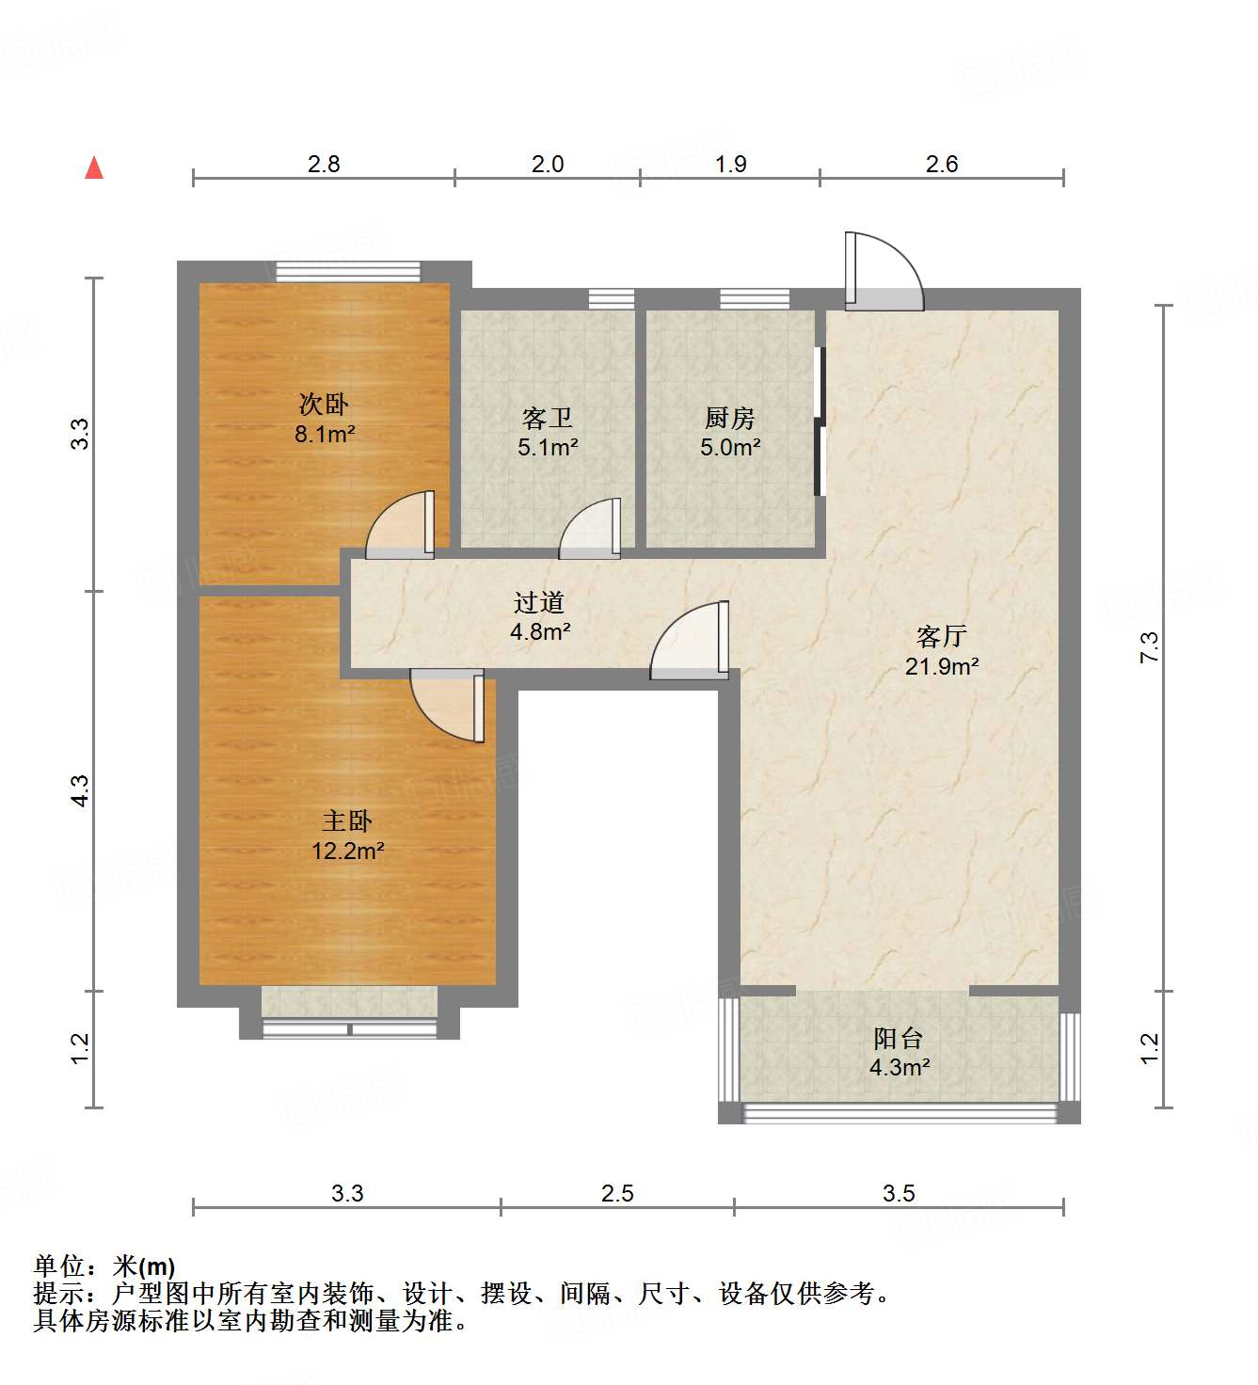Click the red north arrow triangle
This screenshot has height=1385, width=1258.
pos(94,167)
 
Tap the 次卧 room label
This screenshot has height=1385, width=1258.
pos(324,405)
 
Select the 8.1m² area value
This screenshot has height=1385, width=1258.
pos(325,434)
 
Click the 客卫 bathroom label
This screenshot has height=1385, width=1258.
pos(547,418)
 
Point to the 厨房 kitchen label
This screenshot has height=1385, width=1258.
pos(730,418)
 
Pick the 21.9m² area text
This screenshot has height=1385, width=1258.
pos(942,666)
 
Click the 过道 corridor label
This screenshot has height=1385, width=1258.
pos(539,602)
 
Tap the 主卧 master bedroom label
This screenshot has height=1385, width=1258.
pos(347,821)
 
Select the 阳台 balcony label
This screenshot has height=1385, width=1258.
pos(899,1039)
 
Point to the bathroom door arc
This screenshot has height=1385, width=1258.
pos(590,529)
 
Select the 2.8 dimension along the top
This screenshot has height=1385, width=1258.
pos(324,164)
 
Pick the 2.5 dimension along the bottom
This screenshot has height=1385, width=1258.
pos(617,1193)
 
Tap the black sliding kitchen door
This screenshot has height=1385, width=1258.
pos(820,422)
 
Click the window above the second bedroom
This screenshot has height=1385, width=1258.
pos(348,272)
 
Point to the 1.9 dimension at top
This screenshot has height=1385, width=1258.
pos(731,164)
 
